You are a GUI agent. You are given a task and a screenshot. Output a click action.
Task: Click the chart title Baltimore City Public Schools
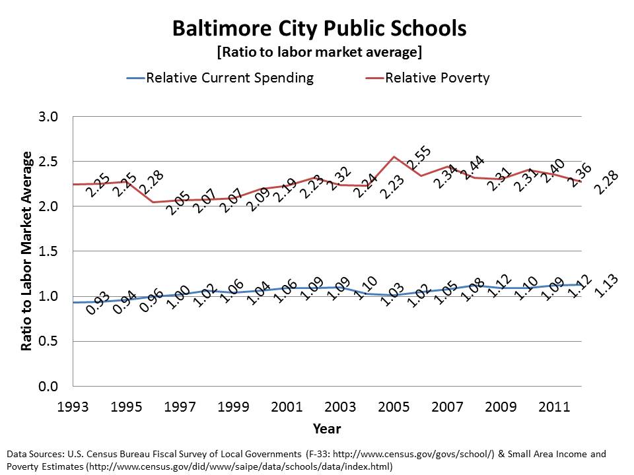[x=319, y=29]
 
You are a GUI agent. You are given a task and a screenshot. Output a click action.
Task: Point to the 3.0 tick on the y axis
[x=50, y=117]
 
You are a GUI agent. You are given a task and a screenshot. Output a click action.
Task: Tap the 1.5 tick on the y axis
[x=50, y=251]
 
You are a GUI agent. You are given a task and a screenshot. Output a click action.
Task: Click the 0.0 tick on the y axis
[x=50, y=386]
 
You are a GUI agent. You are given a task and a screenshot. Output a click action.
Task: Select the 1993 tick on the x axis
[x=73, y=406]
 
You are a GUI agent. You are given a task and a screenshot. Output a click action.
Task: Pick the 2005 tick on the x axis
[x=394, y=406]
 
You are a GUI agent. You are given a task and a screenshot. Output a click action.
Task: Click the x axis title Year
[x=327, y=429]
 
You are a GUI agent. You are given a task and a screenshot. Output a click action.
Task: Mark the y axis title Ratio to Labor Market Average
[x=27, y=251]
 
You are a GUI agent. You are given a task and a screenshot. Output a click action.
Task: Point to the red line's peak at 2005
[x=394, y=156]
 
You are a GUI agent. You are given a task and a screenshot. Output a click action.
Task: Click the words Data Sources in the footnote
[x=32, y=454]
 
